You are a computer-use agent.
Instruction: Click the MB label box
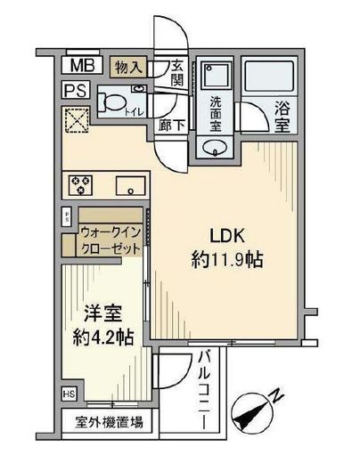[80, 65]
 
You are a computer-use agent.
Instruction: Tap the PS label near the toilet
[75, 90]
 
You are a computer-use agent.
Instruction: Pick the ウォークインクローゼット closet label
[110, 241]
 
